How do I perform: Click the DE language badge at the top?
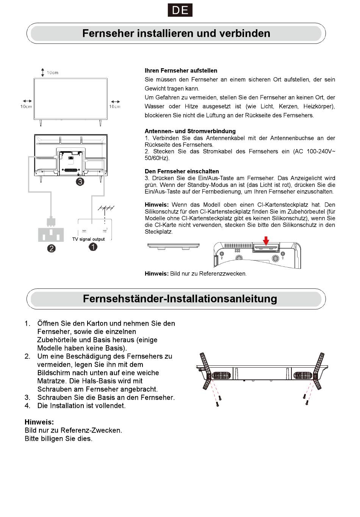click(180, 10)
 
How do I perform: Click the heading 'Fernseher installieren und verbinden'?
click(176, 33)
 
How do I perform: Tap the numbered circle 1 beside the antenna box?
click(93, 247)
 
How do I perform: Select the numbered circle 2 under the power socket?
click(51, 248)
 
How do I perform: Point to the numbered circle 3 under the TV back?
click(80, 182)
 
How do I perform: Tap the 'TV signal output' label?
click(88, 239)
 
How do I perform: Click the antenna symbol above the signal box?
click(106, 209)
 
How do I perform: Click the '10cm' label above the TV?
click(53, 72)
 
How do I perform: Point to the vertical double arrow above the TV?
click(43, 72)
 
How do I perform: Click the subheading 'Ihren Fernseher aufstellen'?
click(181, 70)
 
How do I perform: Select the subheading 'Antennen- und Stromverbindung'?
click(190, 131)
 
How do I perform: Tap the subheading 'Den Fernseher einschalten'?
click(182, 171)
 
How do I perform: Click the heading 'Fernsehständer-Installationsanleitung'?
click(180, 299)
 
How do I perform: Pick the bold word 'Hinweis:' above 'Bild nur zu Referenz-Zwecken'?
click(39, 422)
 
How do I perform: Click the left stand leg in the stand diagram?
click(205, 370)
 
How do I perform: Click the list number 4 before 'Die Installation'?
click(27, 406)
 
